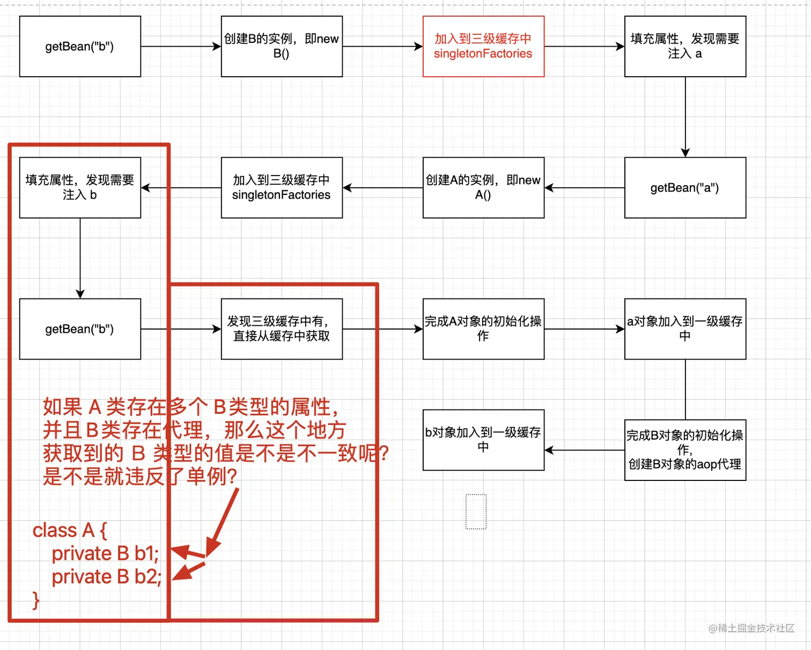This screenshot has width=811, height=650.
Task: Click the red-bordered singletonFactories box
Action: pyautogui.click(x=483, y=46)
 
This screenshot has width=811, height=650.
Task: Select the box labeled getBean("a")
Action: pyautogui.click(x=685, y=188)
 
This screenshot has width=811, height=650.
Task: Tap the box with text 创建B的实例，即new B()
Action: pyautogui.click(x=282, y=46)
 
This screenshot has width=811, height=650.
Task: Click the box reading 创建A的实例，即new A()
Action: pyautogui.click(x=483, y=188)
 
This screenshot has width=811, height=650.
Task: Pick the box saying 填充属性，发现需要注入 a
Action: pyautogui.click(x=685, y=46)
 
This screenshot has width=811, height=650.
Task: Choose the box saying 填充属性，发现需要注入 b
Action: pyautogui.click(x=80, y=188)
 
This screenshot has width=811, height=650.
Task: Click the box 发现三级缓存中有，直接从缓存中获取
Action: pyautogui.click(x=282, y=329)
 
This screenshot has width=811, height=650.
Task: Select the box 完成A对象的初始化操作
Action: pyautogui.click(x=483, y=329)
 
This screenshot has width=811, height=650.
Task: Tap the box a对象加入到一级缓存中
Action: pyautogui.click(x=685, y=329)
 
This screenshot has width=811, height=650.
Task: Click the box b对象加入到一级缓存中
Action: pyautogui.click(x=483, y=440)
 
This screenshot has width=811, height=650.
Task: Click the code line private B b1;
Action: pyautogui.click(x=105, y=553)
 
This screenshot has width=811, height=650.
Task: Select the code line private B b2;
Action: pyautogui.click(x=106, y=577)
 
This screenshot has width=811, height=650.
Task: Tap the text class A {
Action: pyautogui.click(x=70, y=530)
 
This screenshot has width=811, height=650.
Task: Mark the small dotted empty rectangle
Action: pyautogui.click(x=476, y=512)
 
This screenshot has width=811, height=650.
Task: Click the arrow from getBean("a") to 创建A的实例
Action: pyautogui.click(x=584, y=188)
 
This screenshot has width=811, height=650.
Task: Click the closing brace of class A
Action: pyautogui.click(x=36, y=600)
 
